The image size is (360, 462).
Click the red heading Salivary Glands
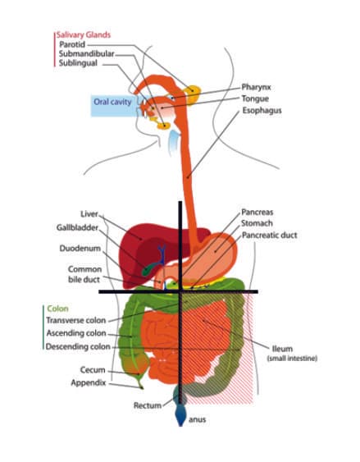coord(84,35)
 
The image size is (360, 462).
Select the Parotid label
coord(72,45)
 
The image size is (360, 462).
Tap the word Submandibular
coord(87,54)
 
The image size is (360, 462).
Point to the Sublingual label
coord(78,63)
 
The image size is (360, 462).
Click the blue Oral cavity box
coord(112,106)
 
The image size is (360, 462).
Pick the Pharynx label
coord(256,87)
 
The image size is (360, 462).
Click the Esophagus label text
coord(262,111)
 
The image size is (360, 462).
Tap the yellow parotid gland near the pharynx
coord(193,94)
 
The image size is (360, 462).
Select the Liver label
coord(89,214)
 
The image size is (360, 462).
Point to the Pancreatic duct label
coord(270,236)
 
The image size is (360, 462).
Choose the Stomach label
coord(257,223)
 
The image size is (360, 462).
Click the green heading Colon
coord(57,309)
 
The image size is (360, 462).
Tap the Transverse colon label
coord(76,321)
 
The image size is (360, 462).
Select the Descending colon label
coord(78,347)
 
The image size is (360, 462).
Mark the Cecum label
coord(93,370)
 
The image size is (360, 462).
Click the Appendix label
coord(89,382)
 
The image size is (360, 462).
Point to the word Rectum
coord(148,405)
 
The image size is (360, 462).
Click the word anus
coord(197,419)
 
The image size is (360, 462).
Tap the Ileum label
coord(282,349)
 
